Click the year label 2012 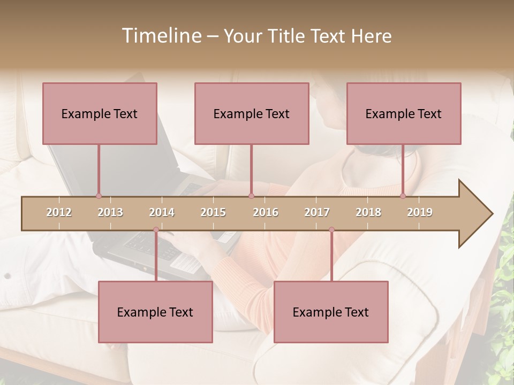[x=59, y=212]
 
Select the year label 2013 [x=110, y=212]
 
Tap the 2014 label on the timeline [x=162, y=212]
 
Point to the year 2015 [x=213, y=212]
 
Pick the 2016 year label [x=266, y=212]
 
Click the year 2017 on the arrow [x=317, y=212]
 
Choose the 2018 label [x=368, y=212]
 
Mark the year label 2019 [x=420, y=212]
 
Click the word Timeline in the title [x=161, y=36]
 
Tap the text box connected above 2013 [x=100, y=113]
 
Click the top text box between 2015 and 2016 [x=252, y=113]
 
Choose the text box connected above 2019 [x=404, y=113]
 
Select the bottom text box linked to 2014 [x=155, y=312]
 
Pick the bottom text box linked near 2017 [x=331, y=312]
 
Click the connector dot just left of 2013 [x=99, y=196]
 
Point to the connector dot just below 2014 [x=156, y=230]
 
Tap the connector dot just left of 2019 [x=403, y=196]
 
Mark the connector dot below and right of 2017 [x=331, y=230]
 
